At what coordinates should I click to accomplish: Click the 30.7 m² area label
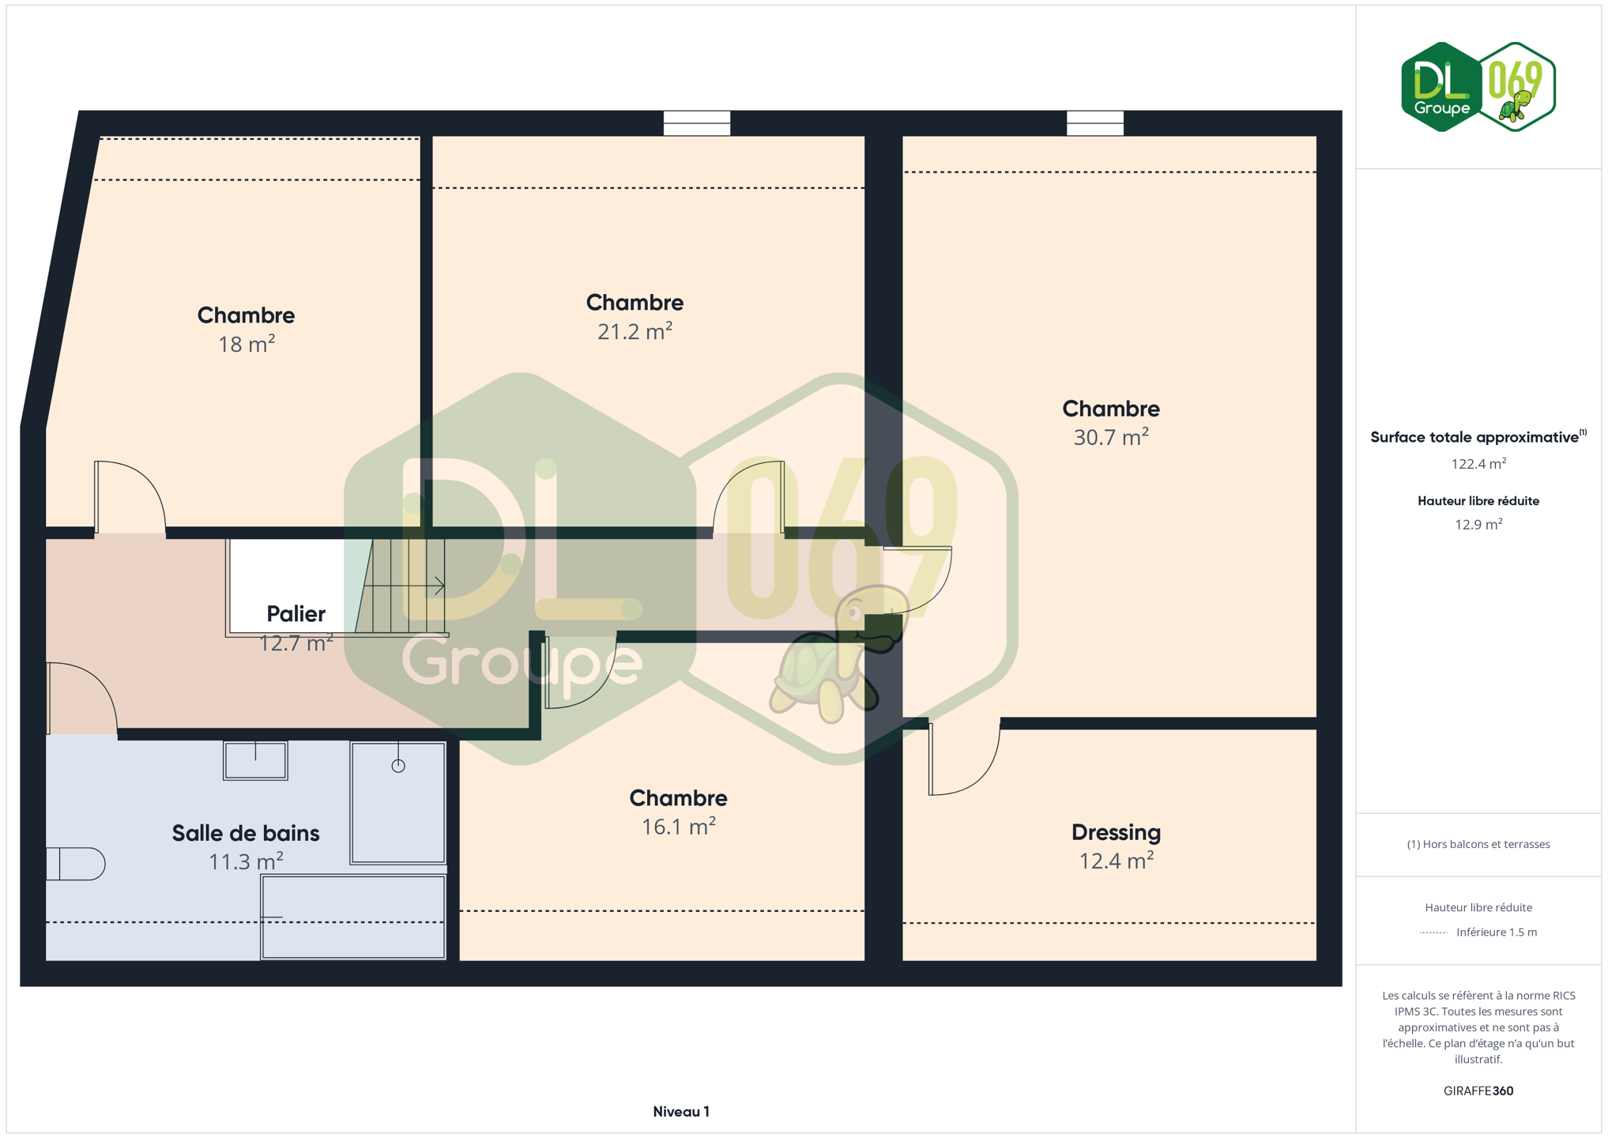(1110, 437)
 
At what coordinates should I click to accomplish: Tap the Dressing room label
(1116, 832)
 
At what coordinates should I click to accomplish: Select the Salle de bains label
(246, 833)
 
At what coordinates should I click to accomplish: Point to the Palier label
(296, 614)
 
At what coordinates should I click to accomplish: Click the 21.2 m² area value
(635, 331)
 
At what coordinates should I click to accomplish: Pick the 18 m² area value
(247, 344)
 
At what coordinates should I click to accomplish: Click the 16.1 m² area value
(678, 827)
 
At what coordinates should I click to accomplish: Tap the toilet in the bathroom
(75, 864)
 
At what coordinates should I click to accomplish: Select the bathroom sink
(255, 760)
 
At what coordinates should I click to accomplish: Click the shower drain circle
(398, 765)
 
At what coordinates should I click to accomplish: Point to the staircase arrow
(404, 586)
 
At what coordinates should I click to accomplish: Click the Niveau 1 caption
(681, 1112)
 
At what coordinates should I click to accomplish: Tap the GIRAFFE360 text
(1478, 1091)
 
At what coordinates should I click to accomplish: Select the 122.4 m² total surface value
(1478, 464)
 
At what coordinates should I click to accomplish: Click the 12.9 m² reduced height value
(1478, 524)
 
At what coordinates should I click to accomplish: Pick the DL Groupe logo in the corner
(1478, 87)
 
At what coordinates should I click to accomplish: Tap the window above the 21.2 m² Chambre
(696, 123)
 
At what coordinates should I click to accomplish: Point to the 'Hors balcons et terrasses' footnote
(1478, 844)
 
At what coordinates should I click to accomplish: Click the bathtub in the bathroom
(353, 917)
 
